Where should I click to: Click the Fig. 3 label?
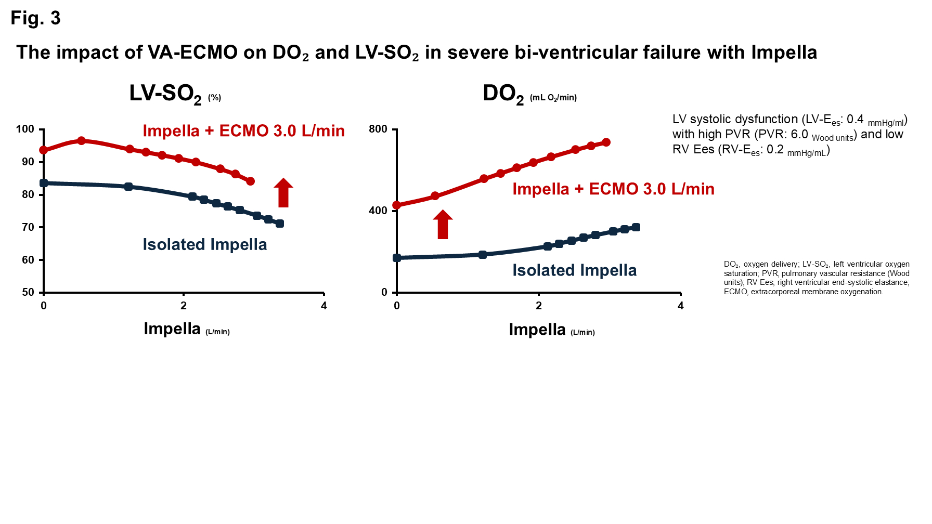pos(35,18)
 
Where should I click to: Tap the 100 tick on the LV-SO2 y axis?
pos(25,129)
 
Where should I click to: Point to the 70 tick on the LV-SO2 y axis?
pos(28,227)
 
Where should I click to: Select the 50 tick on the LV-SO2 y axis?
pos(28,292)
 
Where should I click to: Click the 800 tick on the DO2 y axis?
pos(378,129)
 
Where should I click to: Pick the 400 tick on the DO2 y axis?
pos(378,211)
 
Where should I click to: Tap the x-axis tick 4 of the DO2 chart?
pos(680,306)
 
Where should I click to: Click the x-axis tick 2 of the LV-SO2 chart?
pos(184,306)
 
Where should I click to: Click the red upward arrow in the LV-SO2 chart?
pos(283,192)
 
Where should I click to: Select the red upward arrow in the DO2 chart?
pos(443,224)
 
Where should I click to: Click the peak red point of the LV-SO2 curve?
pos(82,141)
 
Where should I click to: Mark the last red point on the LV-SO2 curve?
pos(250,181)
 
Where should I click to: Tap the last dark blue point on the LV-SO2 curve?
pos(280,224)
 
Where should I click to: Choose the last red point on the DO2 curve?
pos(606,142)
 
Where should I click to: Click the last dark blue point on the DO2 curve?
pos(636,227)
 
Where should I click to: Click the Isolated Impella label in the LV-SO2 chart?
pos(204,244)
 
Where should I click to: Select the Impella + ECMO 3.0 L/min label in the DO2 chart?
pos(613,189)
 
